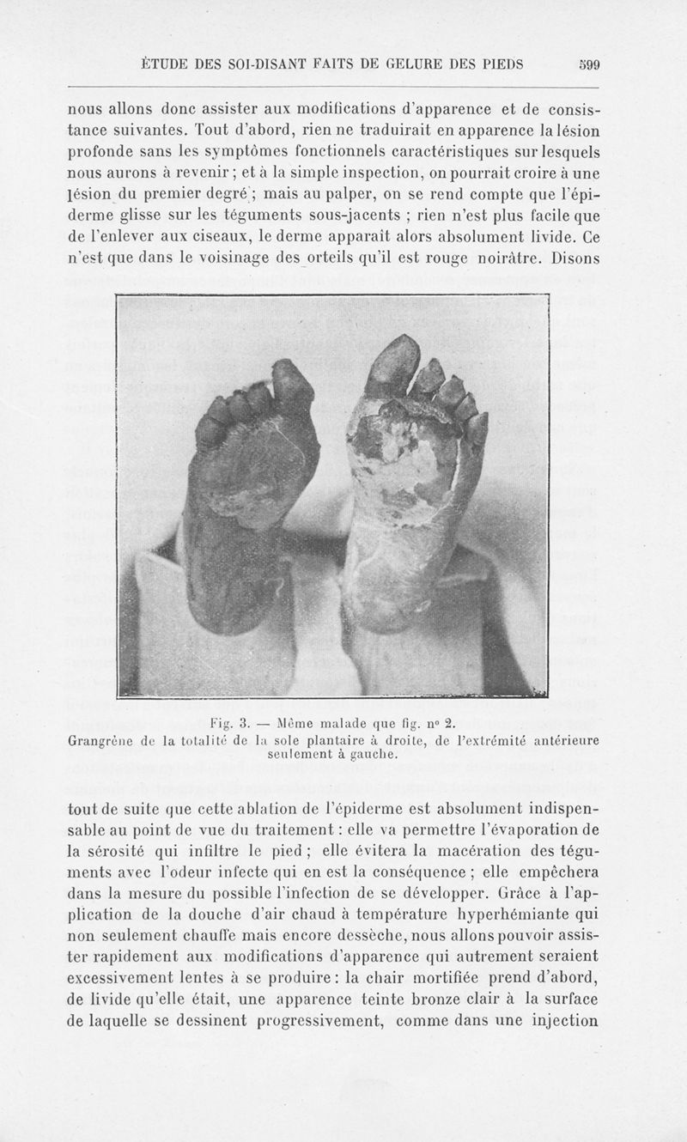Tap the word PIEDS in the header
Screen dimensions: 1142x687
click(502, 63)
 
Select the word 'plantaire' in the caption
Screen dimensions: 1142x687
click(338, 738)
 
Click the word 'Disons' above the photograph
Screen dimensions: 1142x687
click(570, 255)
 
